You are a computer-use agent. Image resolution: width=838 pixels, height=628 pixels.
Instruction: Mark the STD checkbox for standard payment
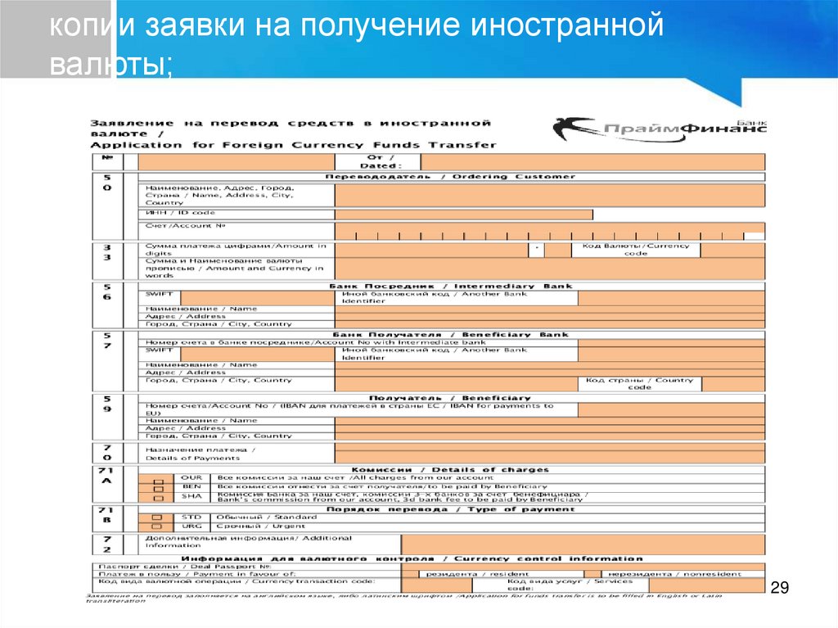coord(157,517)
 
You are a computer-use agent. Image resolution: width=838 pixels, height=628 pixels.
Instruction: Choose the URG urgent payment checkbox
coord(157,526)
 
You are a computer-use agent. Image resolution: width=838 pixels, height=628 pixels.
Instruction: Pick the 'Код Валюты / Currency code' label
coord(635,249)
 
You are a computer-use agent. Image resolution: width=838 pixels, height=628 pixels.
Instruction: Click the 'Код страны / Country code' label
coord(640,383)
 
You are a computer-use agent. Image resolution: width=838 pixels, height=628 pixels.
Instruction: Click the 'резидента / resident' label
coord(466,574)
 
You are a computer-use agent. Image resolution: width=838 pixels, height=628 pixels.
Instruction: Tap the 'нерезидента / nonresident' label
coord(670,574)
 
